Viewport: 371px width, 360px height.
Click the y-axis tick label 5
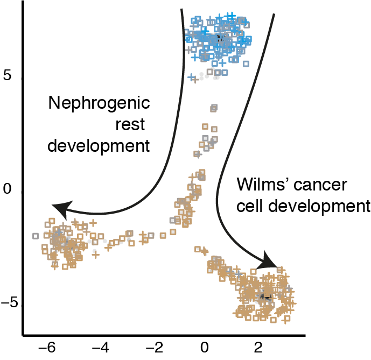7,76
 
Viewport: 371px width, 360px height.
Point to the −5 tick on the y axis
10,302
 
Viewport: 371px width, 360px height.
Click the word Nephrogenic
98,103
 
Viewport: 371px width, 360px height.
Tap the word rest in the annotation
131,124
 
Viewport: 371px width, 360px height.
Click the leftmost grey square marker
36,236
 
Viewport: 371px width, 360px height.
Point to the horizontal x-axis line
162,333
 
